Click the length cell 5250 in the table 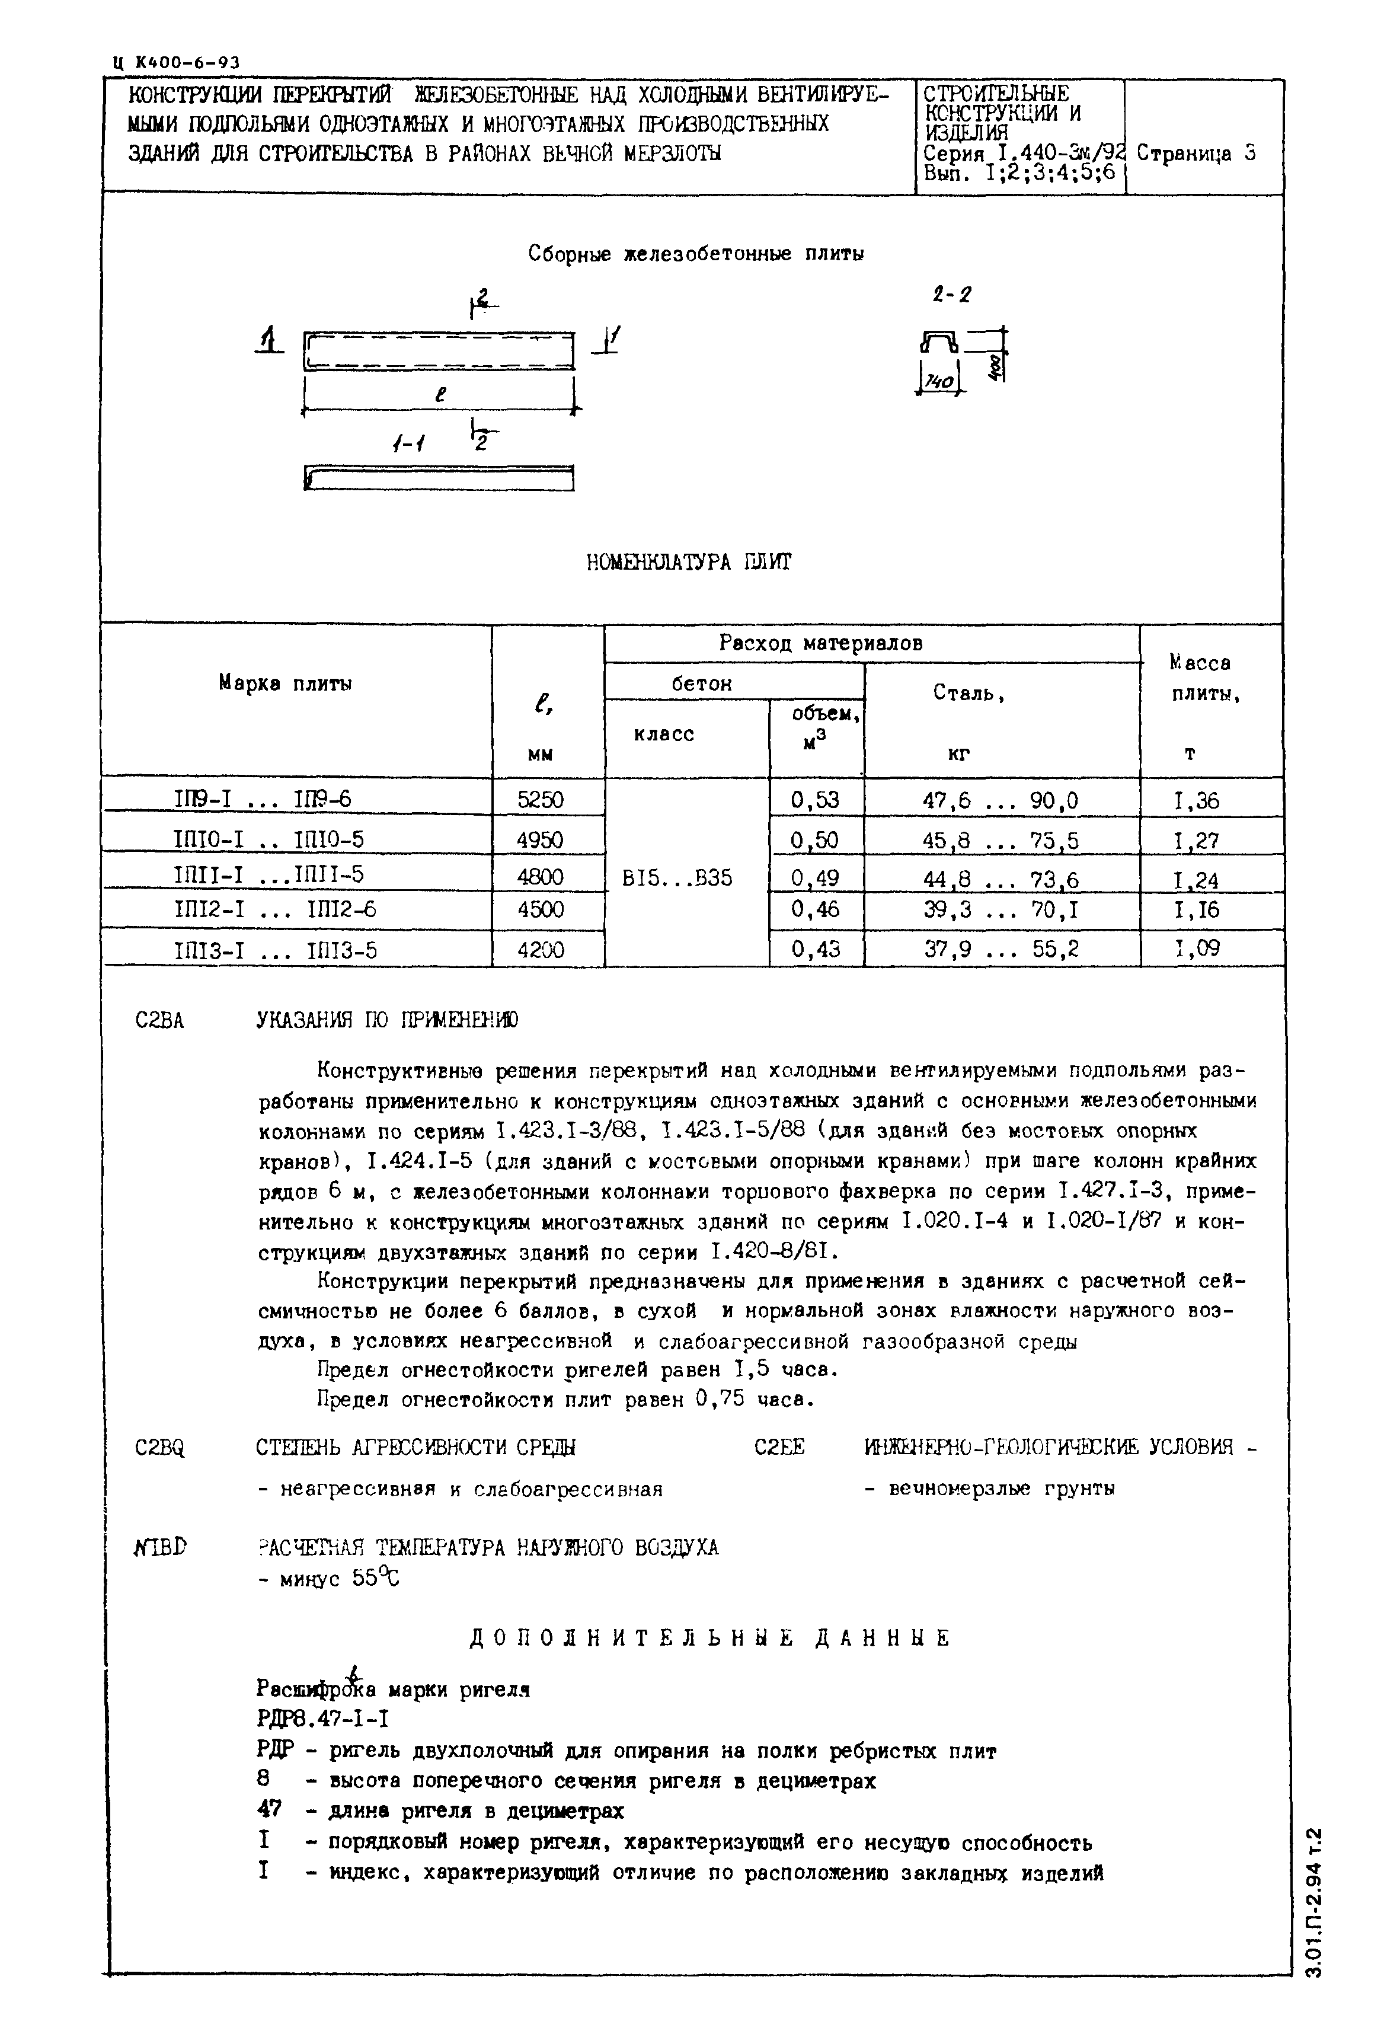541,799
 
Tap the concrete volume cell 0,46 815,910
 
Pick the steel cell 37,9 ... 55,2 1001,949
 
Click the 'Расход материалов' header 820,643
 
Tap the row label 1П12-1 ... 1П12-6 276,910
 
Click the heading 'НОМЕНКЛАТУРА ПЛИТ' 689,563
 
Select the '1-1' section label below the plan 408,445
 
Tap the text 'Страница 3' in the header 1197,154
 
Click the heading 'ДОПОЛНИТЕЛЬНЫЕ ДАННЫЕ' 711,1638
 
